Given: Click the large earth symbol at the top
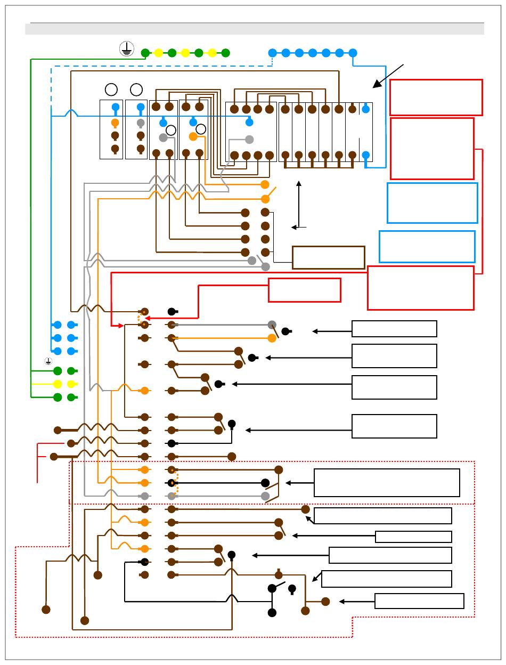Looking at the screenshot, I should tap(126, 49).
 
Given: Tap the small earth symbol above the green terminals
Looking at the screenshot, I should tap(48, 361).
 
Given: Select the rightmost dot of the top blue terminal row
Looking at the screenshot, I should tap(353, 53).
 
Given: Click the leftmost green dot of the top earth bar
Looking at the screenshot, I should tap(145, 53).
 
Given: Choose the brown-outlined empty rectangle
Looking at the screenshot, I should tap(328, 257).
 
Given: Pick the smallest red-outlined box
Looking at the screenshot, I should tap(304, 290).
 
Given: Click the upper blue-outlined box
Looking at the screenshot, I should tap(432, 202).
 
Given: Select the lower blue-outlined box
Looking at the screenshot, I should tap(427, 246).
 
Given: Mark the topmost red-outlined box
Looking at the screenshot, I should tap(436, 97).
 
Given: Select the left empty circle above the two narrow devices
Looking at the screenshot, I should tap(111, 89).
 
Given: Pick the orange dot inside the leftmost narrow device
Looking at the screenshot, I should tap(115, 123).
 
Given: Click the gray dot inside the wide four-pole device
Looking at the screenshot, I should tap(249, 140).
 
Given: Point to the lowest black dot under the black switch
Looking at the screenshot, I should tap(272, 613).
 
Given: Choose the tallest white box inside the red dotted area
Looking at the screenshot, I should tap(387, 483).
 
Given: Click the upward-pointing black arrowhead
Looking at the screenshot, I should tap(299, 184).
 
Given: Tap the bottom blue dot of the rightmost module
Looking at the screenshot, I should tap(365, 155).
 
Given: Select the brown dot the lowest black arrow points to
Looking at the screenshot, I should tap(325, 601).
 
